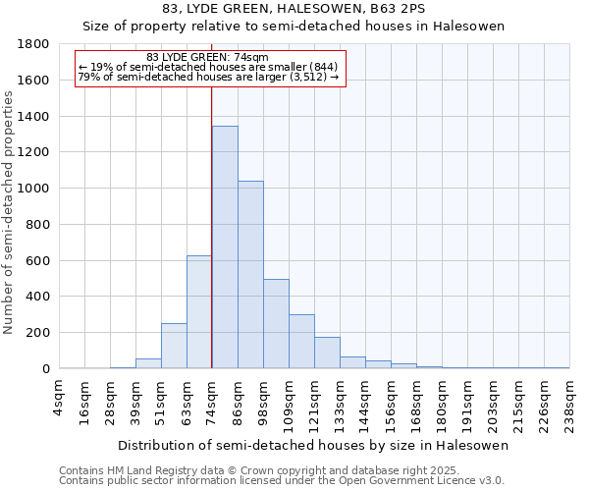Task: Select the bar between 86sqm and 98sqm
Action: (x=250, y=275)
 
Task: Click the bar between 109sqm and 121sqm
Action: (x=301, y=342)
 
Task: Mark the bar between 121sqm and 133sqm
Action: (x=327, y=353)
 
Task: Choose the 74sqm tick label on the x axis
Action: (x=212, y=401)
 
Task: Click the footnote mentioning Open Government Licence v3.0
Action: (x=282, y=480)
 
